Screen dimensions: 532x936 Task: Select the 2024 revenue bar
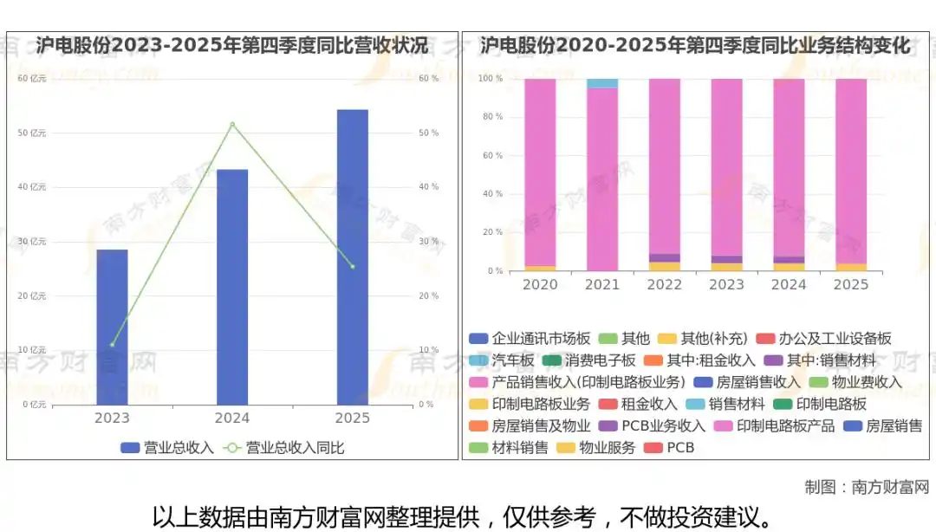click(x=232, y=287)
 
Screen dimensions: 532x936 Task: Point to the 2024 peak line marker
click(x=232, y=124)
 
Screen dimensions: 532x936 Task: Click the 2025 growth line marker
click(x=352, y=266)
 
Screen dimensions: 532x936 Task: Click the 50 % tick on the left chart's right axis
click(x=429, y=133)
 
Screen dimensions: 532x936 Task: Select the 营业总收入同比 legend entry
click(x=285, y=448)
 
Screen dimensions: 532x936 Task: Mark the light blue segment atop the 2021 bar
click(x=602, y=83)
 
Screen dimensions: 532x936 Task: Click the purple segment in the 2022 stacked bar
click(x=665, y=257)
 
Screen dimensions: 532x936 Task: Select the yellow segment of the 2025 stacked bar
click(x=850, y=267)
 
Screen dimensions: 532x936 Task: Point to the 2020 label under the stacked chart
click(x=540, y=284)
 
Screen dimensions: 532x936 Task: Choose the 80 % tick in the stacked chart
click(x=492, y=117)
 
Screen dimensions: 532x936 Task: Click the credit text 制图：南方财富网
click(x=867, y=487)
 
